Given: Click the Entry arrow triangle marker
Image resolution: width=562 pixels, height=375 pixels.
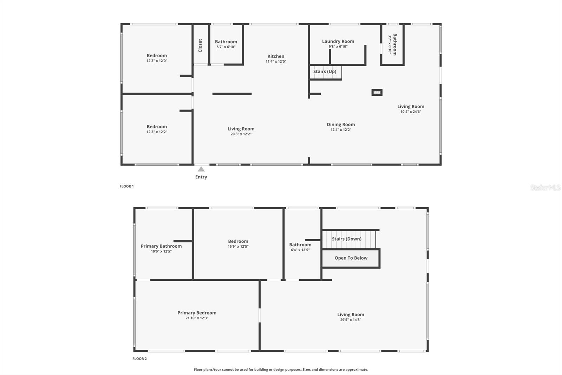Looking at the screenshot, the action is click(201, 169).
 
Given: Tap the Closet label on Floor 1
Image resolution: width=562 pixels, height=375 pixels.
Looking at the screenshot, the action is click(200, 45).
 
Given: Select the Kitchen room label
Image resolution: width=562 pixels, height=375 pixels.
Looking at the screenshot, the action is click(276, 56).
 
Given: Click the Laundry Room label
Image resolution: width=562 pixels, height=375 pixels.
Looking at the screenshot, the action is click(338, 41).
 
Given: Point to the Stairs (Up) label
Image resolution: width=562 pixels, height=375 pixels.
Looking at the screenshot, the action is click(325, 71).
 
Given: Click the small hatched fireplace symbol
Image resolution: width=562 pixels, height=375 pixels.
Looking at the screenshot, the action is click(377, 93).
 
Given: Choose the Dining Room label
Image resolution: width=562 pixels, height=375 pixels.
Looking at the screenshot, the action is click(341, 125).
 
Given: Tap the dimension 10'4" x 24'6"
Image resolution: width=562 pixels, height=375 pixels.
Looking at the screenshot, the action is click(411, 112).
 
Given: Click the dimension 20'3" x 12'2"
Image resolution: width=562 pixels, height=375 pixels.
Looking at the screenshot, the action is click(241, 134).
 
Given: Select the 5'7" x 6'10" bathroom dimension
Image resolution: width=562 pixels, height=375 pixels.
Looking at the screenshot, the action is click(226, 47).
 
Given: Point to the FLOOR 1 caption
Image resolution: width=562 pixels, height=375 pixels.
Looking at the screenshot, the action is click(126, 186).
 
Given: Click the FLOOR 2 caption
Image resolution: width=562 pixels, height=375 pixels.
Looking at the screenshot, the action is click(139, 359).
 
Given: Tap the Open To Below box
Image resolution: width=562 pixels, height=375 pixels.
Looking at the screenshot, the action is click(351, 258).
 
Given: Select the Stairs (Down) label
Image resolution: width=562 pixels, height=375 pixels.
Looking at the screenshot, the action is click(346, 239).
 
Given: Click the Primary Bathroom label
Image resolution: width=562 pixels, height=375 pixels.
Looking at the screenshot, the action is click(161, 246).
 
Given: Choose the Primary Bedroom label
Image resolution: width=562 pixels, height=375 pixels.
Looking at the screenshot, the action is click(197, 313).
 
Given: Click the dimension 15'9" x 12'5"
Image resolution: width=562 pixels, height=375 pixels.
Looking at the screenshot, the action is click(238, 247).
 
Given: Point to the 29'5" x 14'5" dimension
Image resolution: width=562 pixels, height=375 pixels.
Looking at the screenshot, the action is click(351, 320).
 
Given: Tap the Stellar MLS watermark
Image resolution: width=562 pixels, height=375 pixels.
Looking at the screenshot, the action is click(545, 187).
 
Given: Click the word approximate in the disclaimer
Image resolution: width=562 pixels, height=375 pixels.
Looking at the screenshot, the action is click(357, 369).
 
